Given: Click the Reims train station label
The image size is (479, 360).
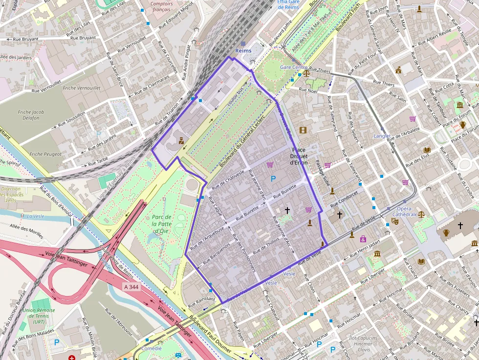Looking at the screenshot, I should [243, 50].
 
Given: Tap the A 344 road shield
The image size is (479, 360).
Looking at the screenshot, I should [131, 287].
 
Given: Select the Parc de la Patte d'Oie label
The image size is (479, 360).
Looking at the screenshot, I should [161, 224].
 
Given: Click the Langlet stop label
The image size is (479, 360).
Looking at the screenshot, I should [382, 136].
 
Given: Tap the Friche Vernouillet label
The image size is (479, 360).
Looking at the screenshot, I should [82, 88].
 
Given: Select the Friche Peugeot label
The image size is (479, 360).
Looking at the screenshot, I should [45, 154].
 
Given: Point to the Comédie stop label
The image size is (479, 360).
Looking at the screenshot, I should [151, 348].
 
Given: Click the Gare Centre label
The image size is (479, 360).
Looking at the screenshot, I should [294, 67].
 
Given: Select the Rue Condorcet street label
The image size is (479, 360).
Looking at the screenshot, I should [344, 197].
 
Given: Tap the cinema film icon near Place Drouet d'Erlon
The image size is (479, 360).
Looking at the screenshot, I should [303, 130].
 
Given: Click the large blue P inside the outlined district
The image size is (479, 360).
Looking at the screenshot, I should [273, 179].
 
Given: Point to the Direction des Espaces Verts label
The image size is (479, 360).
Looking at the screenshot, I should [11, 194].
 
